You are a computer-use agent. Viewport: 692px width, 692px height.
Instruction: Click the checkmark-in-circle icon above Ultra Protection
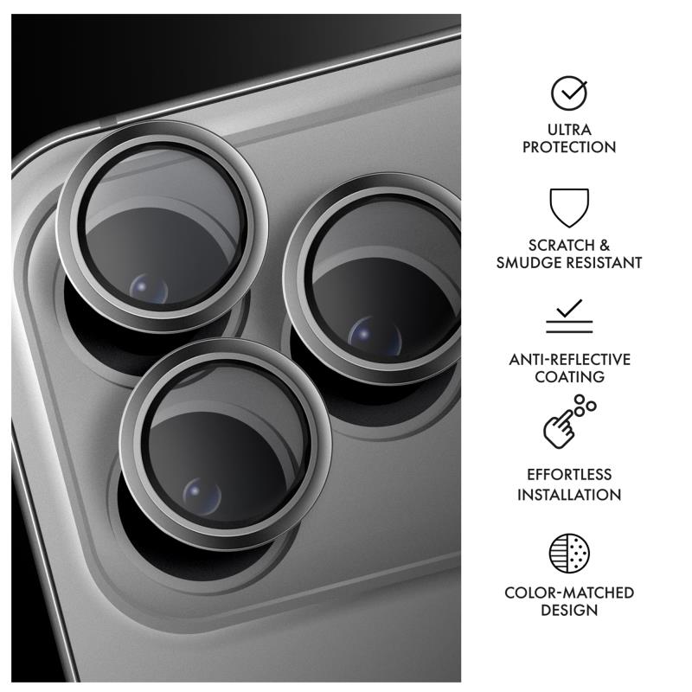point(569,93)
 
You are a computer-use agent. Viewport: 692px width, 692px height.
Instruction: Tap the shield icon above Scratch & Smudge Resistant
point(569,208)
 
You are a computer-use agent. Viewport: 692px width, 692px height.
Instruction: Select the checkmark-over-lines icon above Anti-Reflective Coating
point(569,316)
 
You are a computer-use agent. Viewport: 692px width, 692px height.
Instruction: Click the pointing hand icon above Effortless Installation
point(569,421)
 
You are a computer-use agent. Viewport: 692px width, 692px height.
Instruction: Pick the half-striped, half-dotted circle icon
point(569,553)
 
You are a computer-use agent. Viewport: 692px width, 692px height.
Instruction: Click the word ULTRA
point(569,130)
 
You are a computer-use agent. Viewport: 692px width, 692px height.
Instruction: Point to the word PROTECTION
point(569,147)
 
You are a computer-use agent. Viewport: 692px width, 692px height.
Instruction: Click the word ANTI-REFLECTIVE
point(569,360)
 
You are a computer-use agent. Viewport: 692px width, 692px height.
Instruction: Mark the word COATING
point(569,377)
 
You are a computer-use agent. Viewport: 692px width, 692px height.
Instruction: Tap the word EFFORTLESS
point(569,474)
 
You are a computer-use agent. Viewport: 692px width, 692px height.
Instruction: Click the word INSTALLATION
point(569,495)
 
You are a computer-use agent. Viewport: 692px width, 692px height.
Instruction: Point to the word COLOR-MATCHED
point(569,593)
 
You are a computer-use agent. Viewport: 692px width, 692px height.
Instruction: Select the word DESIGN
point(569,611)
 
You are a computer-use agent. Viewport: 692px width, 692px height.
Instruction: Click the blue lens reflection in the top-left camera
point(149,288)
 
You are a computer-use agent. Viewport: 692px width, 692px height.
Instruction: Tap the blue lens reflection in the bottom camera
point(202,496)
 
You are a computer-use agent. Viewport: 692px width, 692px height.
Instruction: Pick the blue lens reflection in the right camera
point(375,336)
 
